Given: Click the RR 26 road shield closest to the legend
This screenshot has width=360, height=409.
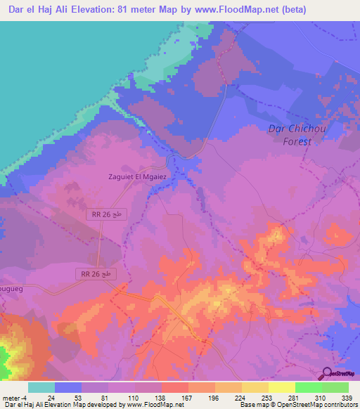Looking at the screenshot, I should point(94,272).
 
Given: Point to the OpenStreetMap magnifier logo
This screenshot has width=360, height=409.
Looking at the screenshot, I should point(329,375).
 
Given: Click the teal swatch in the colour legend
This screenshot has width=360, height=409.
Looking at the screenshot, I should point(41,387).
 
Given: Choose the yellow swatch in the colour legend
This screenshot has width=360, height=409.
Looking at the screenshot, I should point(281,387).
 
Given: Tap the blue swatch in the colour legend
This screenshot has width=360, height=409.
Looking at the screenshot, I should point(68,387).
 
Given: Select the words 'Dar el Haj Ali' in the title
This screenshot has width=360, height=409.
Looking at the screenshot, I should point(39,10).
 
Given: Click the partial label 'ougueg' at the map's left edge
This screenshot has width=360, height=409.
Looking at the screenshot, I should point(12,288).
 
